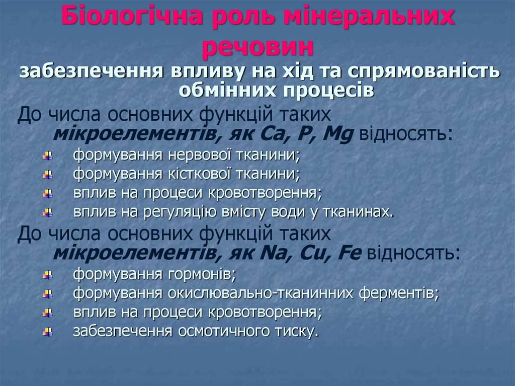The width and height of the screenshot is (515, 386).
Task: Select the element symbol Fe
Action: tap(350, 253)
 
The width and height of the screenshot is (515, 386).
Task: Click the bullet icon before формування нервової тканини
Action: tap(48, 156)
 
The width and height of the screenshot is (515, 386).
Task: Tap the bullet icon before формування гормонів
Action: tap(48, 275)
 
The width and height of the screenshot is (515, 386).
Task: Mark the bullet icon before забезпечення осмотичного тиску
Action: tap(48, 331)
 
